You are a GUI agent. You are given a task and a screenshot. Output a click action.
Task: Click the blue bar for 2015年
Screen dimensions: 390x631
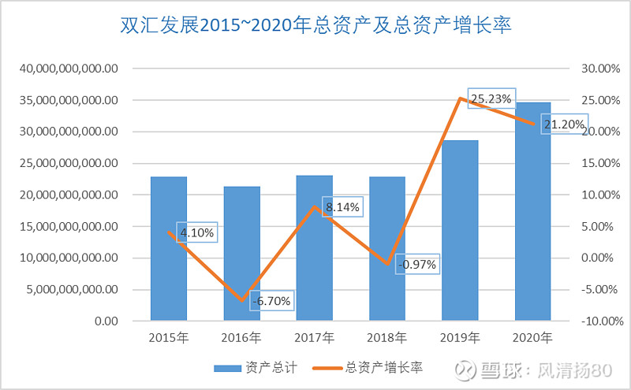pyautogui.click(x=168, y=248)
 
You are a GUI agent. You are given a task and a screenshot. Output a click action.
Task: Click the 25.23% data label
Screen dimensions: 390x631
pyautogui.click(x=491, y=98)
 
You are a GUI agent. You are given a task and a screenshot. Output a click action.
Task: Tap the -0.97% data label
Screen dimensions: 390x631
pyautogui.click(x=417, y=264)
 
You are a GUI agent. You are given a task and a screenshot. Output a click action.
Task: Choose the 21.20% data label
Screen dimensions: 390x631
pyautogui.click(x=563, y=124)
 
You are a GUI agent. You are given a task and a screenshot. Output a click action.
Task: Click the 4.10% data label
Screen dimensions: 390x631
pyautogui.click(x=196, y=232)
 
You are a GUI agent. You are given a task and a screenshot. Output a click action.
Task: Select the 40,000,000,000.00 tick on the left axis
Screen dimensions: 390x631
pyautogui.click(x=72, y=69)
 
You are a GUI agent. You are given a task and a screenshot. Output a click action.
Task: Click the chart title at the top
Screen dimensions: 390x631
pyautogui.click(x=315, y=26)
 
